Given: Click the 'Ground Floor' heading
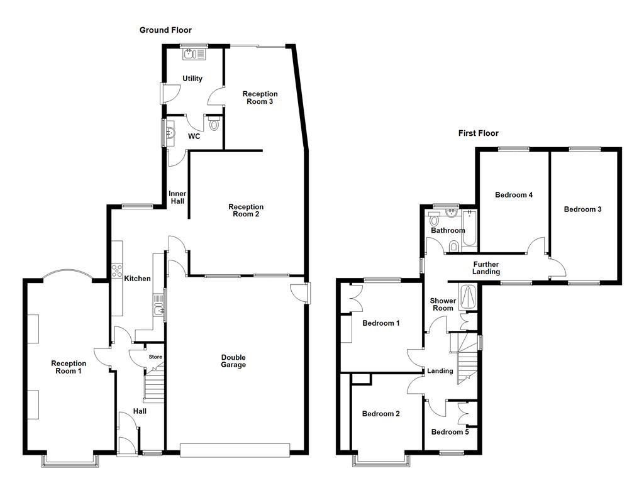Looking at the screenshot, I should point(165,30).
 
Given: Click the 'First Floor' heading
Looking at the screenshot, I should point(478,133).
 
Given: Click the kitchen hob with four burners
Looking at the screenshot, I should point(117,270).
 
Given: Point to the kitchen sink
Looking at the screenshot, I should point(158,308).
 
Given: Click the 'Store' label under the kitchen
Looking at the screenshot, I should point(155,357).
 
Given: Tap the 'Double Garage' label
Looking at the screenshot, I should point(233,361).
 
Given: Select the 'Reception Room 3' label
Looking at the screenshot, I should point(260,97).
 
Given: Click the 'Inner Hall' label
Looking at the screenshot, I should point(176,197).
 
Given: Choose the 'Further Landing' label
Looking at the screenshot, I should point(486,268).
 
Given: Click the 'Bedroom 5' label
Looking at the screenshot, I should point(450,432).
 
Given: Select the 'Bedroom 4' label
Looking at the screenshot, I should point(514,195).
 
